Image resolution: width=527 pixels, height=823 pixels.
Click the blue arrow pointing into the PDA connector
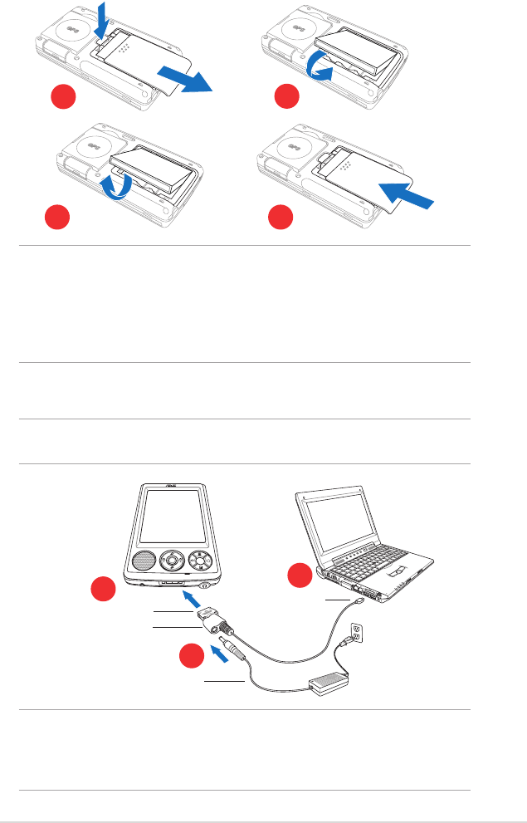click(x=190, y=600)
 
